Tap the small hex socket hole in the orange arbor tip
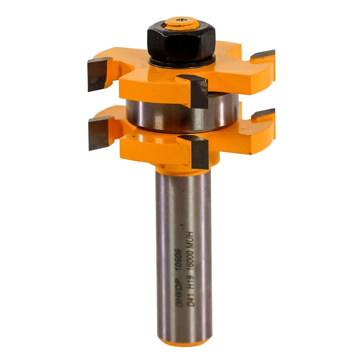pos(181,20)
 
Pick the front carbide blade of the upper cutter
pos(195,91)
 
